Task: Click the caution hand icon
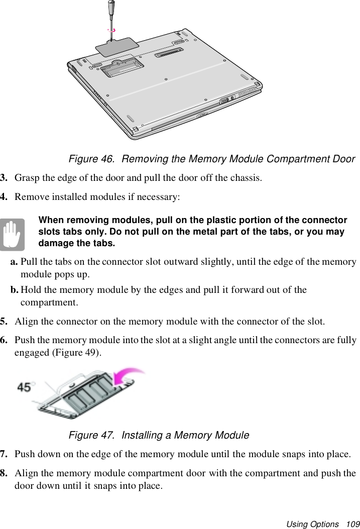click(x=12, y=234)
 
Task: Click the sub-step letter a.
click(x=15, y=262)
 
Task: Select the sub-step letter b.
click(x=15, y=290)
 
